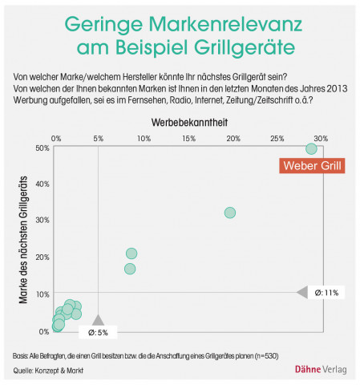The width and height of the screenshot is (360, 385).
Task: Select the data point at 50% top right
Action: coord(311,148)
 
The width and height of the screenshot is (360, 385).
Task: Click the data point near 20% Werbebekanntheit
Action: coord(230,213)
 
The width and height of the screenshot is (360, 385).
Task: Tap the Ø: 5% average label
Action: coord(98,332)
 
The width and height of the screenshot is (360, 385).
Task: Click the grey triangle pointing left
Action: coord(302,293)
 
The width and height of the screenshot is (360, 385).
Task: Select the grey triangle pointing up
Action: coord(98,319)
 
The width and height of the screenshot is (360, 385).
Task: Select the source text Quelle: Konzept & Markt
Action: coord(48,370)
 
